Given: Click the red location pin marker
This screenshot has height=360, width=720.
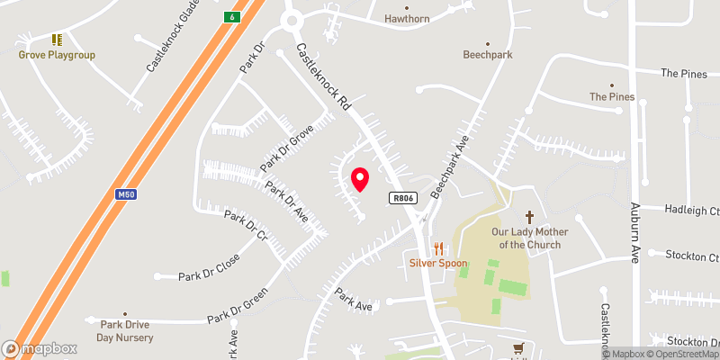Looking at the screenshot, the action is coord(359,179).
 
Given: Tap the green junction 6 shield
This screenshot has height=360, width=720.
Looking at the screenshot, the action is coord(232,17).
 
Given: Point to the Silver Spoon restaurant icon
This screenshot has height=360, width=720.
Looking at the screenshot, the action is coord(439,247).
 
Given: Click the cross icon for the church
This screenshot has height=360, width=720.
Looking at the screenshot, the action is coord(529,217).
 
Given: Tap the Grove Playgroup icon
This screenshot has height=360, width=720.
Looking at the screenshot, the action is coord(57,40).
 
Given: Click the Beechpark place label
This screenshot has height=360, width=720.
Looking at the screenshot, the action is coord(488,55).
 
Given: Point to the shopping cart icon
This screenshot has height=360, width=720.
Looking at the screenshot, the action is coord(518,348).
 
